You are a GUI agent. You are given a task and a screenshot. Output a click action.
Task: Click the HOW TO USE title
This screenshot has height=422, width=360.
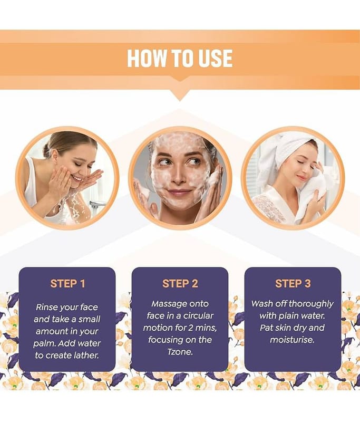click(x=180, y=58)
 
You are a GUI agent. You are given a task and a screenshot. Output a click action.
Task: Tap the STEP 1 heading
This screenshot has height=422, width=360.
click(x=67, y=283)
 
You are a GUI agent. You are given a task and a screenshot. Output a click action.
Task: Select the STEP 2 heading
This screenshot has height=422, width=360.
click(x=180, y=283)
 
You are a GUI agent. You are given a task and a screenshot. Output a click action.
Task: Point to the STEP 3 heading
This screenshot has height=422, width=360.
click(x=293, y=283)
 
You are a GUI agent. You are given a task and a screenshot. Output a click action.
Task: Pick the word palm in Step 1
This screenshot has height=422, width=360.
click(x=44, y=344)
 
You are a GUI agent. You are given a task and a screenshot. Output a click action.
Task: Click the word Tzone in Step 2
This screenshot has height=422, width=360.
click(x=180, y=352)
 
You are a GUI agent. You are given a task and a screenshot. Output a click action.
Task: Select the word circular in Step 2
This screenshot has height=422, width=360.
click(x=198, y=315)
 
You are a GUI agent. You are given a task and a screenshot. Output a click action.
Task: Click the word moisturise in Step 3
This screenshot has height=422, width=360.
click(x=292, y=340)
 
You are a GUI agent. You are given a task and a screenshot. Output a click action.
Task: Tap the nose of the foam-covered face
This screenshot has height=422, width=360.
click(x=178, y=177)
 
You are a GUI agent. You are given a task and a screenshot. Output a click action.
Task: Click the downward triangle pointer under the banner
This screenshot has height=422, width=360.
click(x=180, y=95)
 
